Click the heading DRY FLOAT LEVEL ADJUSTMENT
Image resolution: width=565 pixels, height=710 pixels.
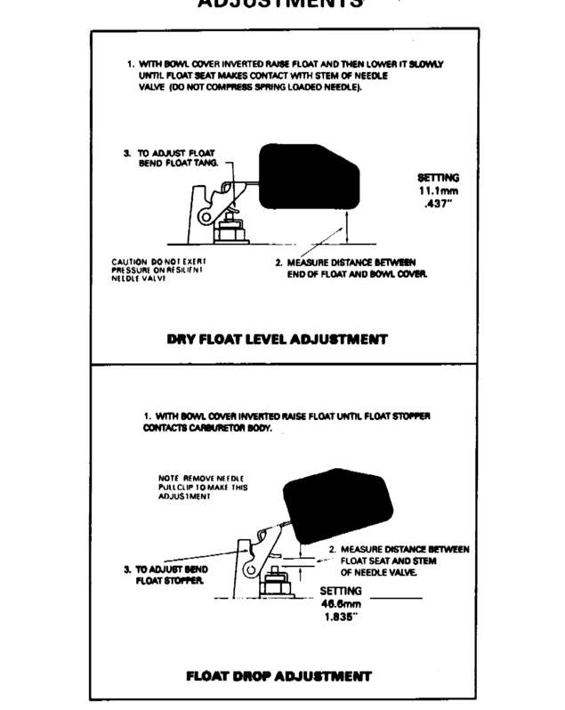click(277, 339)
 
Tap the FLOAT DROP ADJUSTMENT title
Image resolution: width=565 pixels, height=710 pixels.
click(278, 675)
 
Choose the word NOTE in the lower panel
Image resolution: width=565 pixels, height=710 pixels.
click(168, 479)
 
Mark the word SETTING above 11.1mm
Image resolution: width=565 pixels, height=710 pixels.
click(439, 178)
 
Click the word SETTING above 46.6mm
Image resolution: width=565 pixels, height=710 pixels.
click(340, 590)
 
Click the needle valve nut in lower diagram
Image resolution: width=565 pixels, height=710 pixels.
click(275, 585)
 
